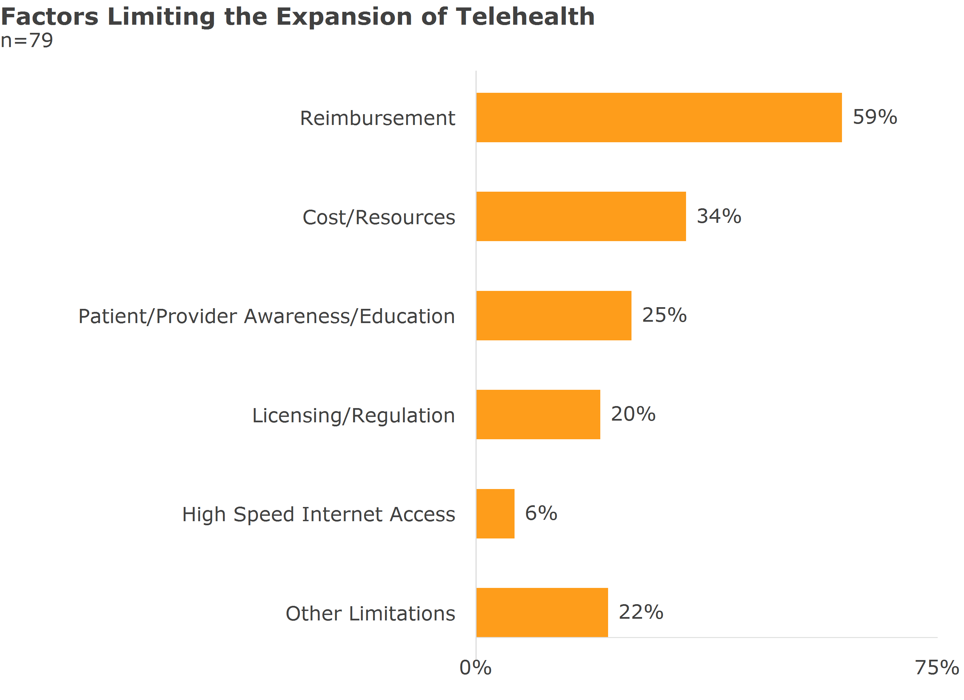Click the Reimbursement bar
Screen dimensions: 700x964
(x=659, y=118)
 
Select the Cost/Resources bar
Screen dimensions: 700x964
(x=581, y=217)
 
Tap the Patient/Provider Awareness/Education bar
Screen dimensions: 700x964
(x=554, y=316)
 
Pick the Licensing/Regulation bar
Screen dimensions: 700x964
(x=538, y=415)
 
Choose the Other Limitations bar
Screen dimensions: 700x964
(x=542, y=613)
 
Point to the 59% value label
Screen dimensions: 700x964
(x=875, y=117)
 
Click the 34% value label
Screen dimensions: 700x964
(x=719, y=216)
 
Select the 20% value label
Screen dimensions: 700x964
(x=633, y=414)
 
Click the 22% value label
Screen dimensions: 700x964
(x=641, y=612)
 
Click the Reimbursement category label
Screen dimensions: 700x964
(x=378, y=118)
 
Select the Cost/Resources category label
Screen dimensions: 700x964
(x=379, y=217)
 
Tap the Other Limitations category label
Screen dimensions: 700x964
(x=370, y=613)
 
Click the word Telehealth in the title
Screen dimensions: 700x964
(x=525, y=17)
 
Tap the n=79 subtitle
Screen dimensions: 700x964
(x=27, y=41)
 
